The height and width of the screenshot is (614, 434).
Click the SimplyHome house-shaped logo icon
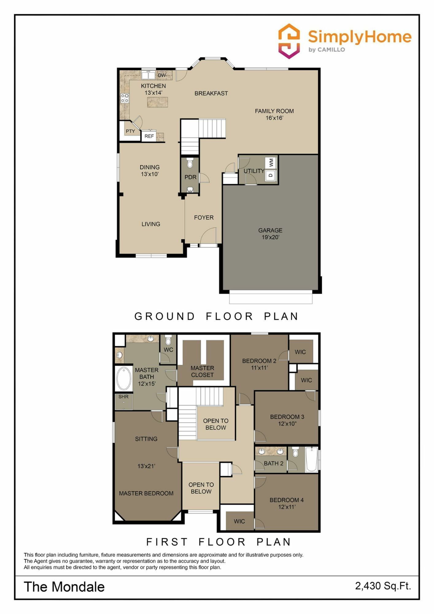coord(289,41)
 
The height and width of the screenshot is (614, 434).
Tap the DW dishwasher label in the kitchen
coord(162,75)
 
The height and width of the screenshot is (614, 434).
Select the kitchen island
coord(157,102)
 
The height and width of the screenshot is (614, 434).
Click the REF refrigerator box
coord(149,136)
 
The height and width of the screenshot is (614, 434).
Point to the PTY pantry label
coord(130,131)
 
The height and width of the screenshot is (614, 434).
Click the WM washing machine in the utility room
coord(271,162)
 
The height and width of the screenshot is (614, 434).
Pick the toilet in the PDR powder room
coord(190,163)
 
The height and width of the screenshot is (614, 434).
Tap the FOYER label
coord(204,217)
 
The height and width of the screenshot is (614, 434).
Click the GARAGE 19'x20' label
coord(270,234)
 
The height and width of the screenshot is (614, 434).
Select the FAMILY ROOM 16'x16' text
coord(274,114)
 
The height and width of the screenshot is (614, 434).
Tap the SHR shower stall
coord(124,402)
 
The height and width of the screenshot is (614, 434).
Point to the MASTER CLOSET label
coord(202,371)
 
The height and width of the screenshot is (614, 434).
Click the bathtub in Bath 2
coord(312,459)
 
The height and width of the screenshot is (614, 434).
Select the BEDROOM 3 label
coord(287,417)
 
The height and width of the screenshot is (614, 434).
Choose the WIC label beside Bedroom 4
coord(239,521)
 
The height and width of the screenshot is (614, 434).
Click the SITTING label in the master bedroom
coord(146,439)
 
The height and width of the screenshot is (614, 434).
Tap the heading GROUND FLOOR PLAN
coord(216,316)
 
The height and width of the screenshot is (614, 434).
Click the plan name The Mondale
coord(64,587)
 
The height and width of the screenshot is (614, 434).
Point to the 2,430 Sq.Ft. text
coord(383,586)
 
